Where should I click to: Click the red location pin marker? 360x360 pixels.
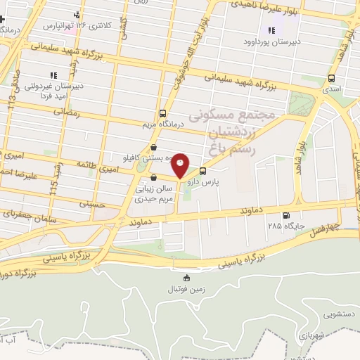point(181,165)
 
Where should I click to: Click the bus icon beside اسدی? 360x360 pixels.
point(331,79)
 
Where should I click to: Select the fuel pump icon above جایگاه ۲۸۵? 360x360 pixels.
point(285,215)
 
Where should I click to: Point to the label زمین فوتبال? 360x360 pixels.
point(185,290)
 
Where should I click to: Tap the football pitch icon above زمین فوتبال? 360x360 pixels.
point(186,278)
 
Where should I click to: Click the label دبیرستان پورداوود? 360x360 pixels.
point(271,41)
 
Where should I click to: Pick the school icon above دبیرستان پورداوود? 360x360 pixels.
point(271,30)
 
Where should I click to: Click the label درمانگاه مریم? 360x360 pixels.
point(163,125)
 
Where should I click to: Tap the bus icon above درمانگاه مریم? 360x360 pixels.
point(163,113)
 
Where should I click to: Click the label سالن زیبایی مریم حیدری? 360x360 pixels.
point(154,194)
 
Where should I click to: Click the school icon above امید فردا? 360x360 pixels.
point(52,75)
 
